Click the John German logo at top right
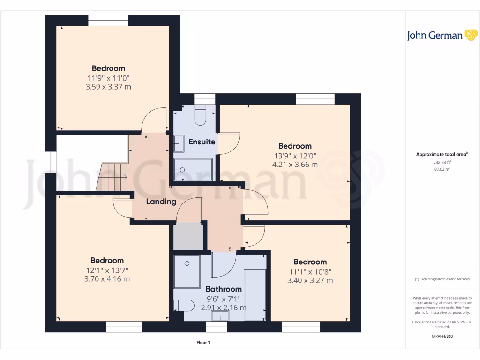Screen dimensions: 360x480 pyautogui.click(x=441, y=36)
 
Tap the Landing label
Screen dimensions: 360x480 pyautogui.click(x=161, y=202)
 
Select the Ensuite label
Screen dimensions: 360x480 pyautogui.click(x=202, y=142)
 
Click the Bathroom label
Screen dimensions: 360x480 pyautogui.click(x=224, y=289)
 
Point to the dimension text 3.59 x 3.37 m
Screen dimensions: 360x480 pyautogui.click(x=108, y=87)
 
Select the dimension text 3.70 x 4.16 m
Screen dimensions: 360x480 pyautogui.click(x=107, y=279)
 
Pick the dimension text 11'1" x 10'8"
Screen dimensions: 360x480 pyautogui.click(x=310, y=271)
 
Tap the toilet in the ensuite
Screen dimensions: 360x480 pyautogui.click(x=201, y=115)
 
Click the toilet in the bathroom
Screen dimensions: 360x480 pyautogui.click(x=184, y=306)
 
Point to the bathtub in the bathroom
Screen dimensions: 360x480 pyautogui.click(x=255, y=294)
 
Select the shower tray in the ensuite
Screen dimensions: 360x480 pyautogui.click(x=193, y=170)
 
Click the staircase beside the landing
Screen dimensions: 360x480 pyautogui.click(x=112, y=177)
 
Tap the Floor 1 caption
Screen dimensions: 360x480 pyautogui.click(x=203, y=343)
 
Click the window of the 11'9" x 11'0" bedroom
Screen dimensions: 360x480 pyautogui.click(x=108, y=20)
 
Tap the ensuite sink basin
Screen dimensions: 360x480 pyautogui.click(x=179, y=143)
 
